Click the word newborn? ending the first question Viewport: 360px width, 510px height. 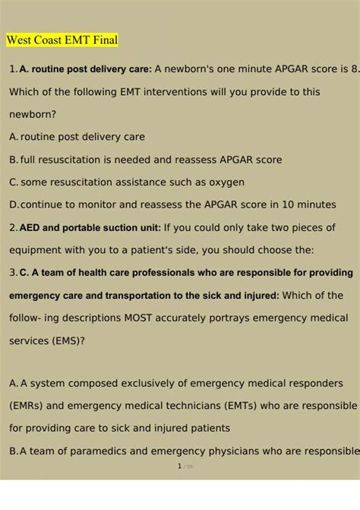coord(33,114)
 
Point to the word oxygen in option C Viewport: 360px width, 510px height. coord(225,182)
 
